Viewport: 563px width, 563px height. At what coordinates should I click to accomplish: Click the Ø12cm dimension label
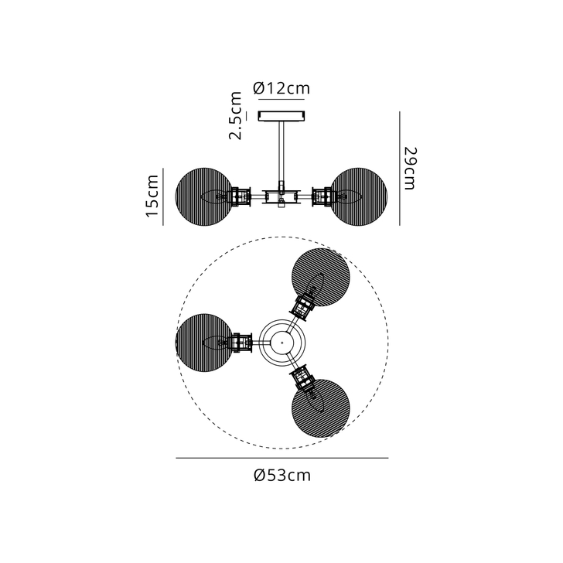click(281, 88)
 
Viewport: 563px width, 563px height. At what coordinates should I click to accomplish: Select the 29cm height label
click(410, 168)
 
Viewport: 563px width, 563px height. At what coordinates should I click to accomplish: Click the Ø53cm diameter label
click(281, 475)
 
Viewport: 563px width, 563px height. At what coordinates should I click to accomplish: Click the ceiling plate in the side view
click(282, 116)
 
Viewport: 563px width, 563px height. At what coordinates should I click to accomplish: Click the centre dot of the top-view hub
click(282, 341)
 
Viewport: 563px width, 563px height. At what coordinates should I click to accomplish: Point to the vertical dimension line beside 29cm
click(399, 168)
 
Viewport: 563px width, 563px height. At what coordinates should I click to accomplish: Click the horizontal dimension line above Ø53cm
click(281, 459)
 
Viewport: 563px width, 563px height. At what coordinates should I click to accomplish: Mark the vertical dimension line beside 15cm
click(163, 196)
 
